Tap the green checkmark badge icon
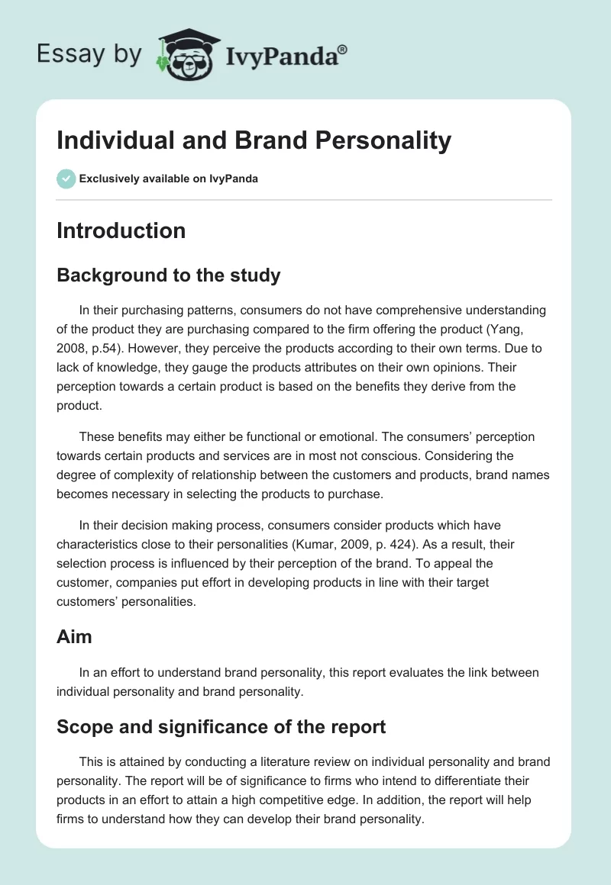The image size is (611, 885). coord(66,179)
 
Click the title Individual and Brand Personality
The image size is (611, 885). coord(254,140)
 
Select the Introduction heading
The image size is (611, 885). coord(121,230)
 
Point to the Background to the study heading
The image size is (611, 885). coord(168,275)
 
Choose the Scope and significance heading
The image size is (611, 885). coord(221,726)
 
